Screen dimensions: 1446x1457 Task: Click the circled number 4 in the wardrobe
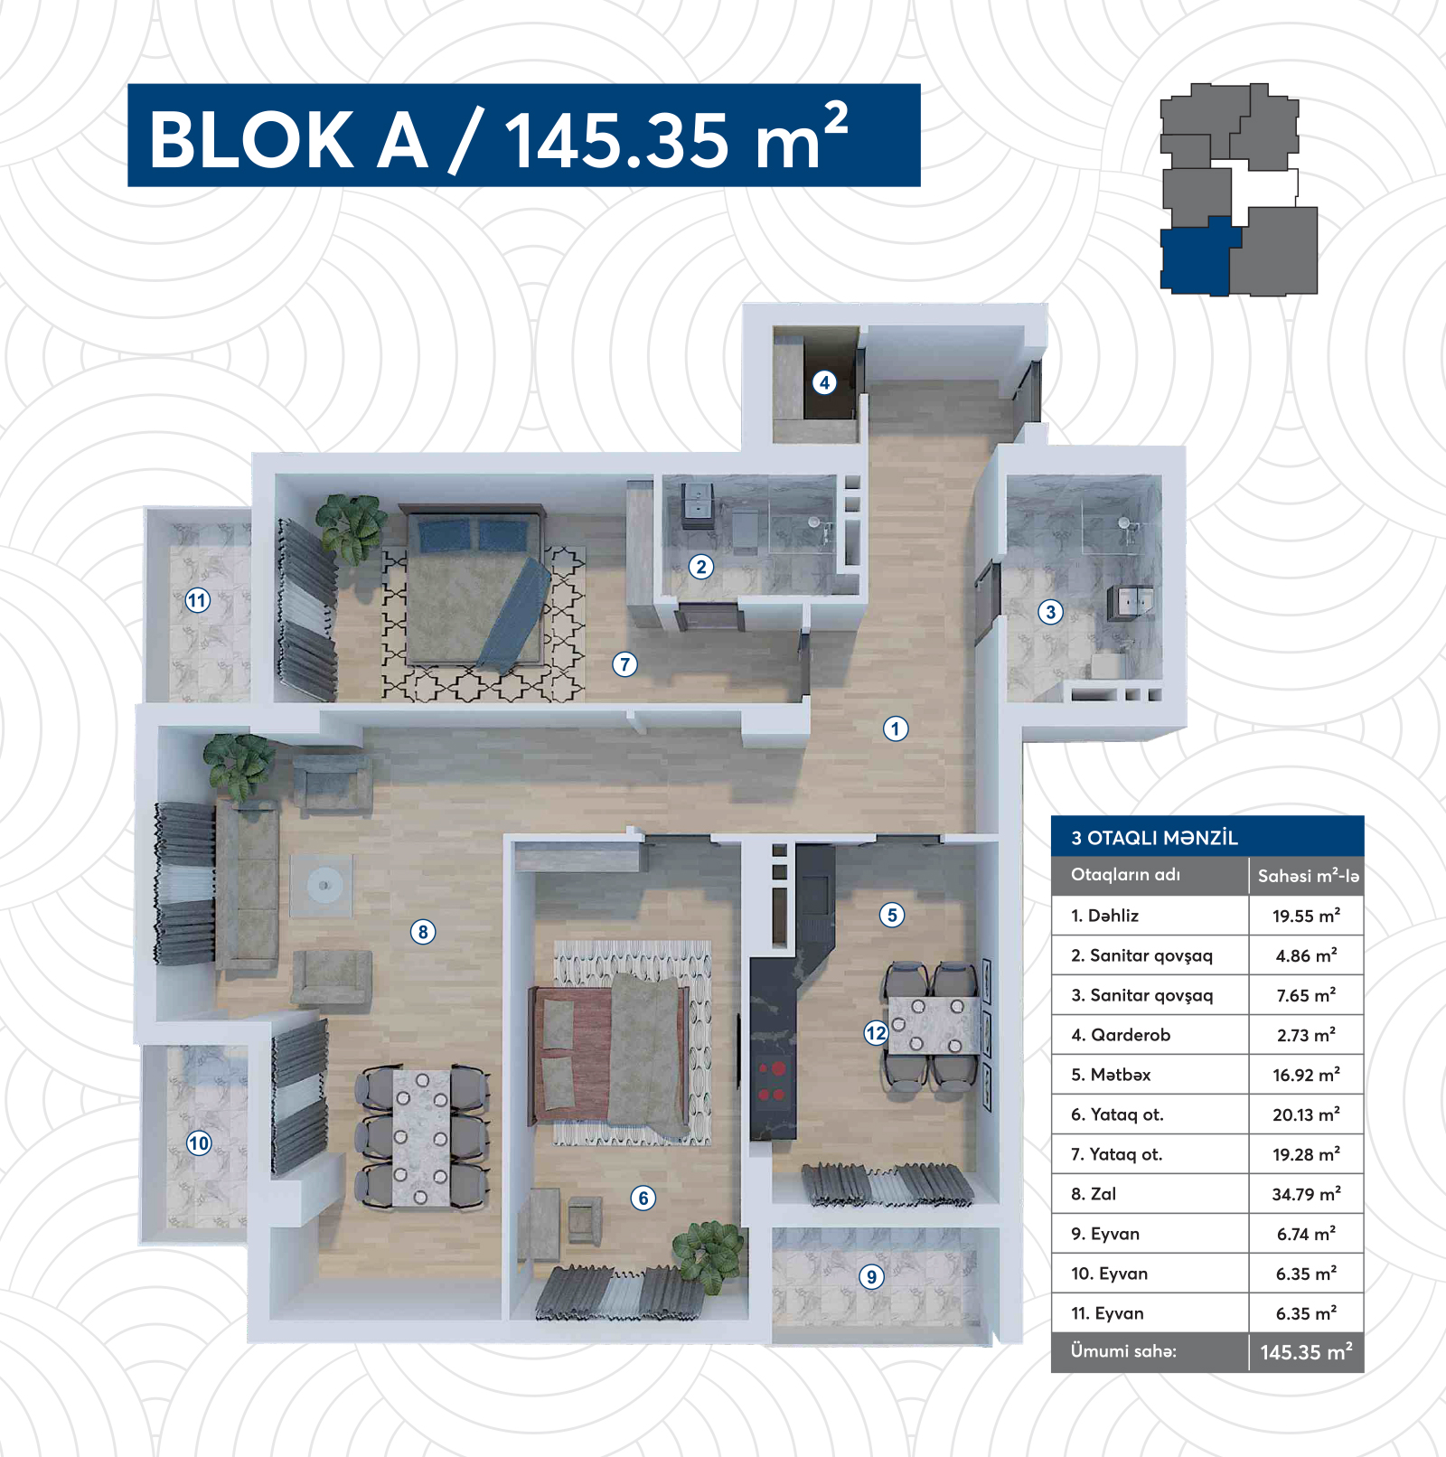pos(823,382)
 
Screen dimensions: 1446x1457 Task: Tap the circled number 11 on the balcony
pos(198,600)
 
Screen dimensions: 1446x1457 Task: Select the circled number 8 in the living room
pos(423,932)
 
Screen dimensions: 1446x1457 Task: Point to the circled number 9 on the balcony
pos(871,1276)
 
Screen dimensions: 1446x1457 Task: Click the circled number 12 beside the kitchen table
pos(876,1033)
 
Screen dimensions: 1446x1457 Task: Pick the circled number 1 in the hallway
pos(896,728)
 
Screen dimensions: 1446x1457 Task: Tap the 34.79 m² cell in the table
pos(1306,1194)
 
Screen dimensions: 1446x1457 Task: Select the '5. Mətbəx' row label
pos(1111,1075)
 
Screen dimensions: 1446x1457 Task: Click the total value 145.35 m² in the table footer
pos(1306,1352)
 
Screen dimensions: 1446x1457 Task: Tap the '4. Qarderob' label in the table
pos(1121,1035)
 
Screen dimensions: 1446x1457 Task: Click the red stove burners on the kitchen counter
pos(771,1081)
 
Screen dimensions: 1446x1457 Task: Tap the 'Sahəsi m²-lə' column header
pos(1308,876)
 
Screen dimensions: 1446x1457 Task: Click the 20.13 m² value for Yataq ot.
pos(1306,1114)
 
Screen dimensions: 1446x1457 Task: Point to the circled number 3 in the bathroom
pos(1050,612)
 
